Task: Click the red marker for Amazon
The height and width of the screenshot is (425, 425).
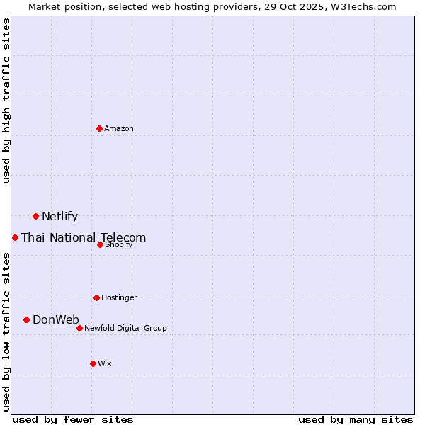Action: (x=99, y=128)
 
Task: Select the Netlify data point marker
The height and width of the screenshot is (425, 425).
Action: (x=35, y=216)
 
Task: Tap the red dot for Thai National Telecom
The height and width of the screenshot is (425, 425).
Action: (x=15, y=237)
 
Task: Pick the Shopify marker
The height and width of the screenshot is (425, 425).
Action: (x=100, y=244)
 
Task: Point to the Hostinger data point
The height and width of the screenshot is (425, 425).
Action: (x=96, y=297)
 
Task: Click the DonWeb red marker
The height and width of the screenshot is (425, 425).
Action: (x=26, y=319)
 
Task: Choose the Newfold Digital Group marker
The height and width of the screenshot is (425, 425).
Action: (x=79, y=328)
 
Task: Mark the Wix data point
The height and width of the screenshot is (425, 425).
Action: (x=93, y=363)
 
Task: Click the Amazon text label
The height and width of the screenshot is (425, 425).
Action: (x=119, y=129)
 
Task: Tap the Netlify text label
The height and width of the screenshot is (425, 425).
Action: (x=59, y=217)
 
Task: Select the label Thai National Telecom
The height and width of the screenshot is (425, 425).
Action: (x=84, y=238)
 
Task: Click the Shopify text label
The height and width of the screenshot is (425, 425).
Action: (x=118, y=245)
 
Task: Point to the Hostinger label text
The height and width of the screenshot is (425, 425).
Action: (x=119, y=298)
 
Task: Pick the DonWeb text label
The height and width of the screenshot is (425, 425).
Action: (x=56, y=320)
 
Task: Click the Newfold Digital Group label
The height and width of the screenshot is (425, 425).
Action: (x=125, y=329)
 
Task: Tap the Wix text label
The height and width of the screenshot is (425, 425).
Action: (x=105, y=364)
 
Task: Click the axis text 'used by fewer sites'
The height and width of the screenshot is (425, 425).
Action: (x=73, y=419)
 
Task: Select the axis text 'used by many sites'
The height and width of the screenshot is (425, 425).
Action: (x=356, y=419)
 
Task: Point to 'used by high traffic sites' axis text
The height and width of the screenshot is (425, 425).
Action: (x=6, y=101)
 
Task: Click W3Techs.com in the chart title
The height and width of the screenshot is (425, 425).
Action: (x=361, y=6)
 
